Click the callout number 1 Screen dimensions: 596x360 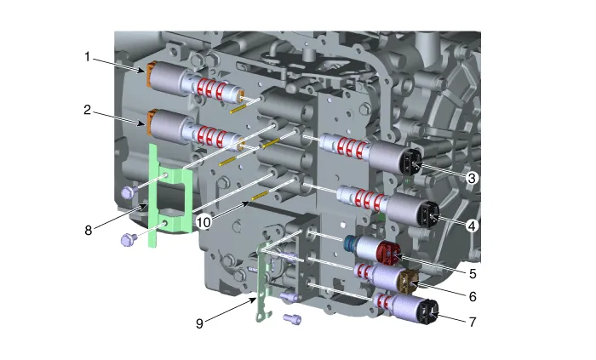tap(87, 57)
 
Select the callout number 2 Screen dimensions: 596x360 tap(88, 110)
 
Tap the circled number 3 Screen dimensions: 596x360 tap(472, 177)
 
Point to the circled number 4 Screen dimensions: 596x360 tap(472, 226)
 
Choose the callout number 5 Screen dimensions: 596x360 tap(473, 274)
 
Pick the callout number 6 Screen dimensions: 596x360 tap(473, 296)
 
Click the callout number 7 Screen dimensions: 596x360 tap(473, 322)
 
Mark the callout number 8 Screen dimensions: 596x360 tap(89, 230)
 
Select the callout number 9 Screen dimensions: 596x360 tap(199, 323)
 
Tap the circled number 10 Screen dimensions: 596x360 tap(203, 222)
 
